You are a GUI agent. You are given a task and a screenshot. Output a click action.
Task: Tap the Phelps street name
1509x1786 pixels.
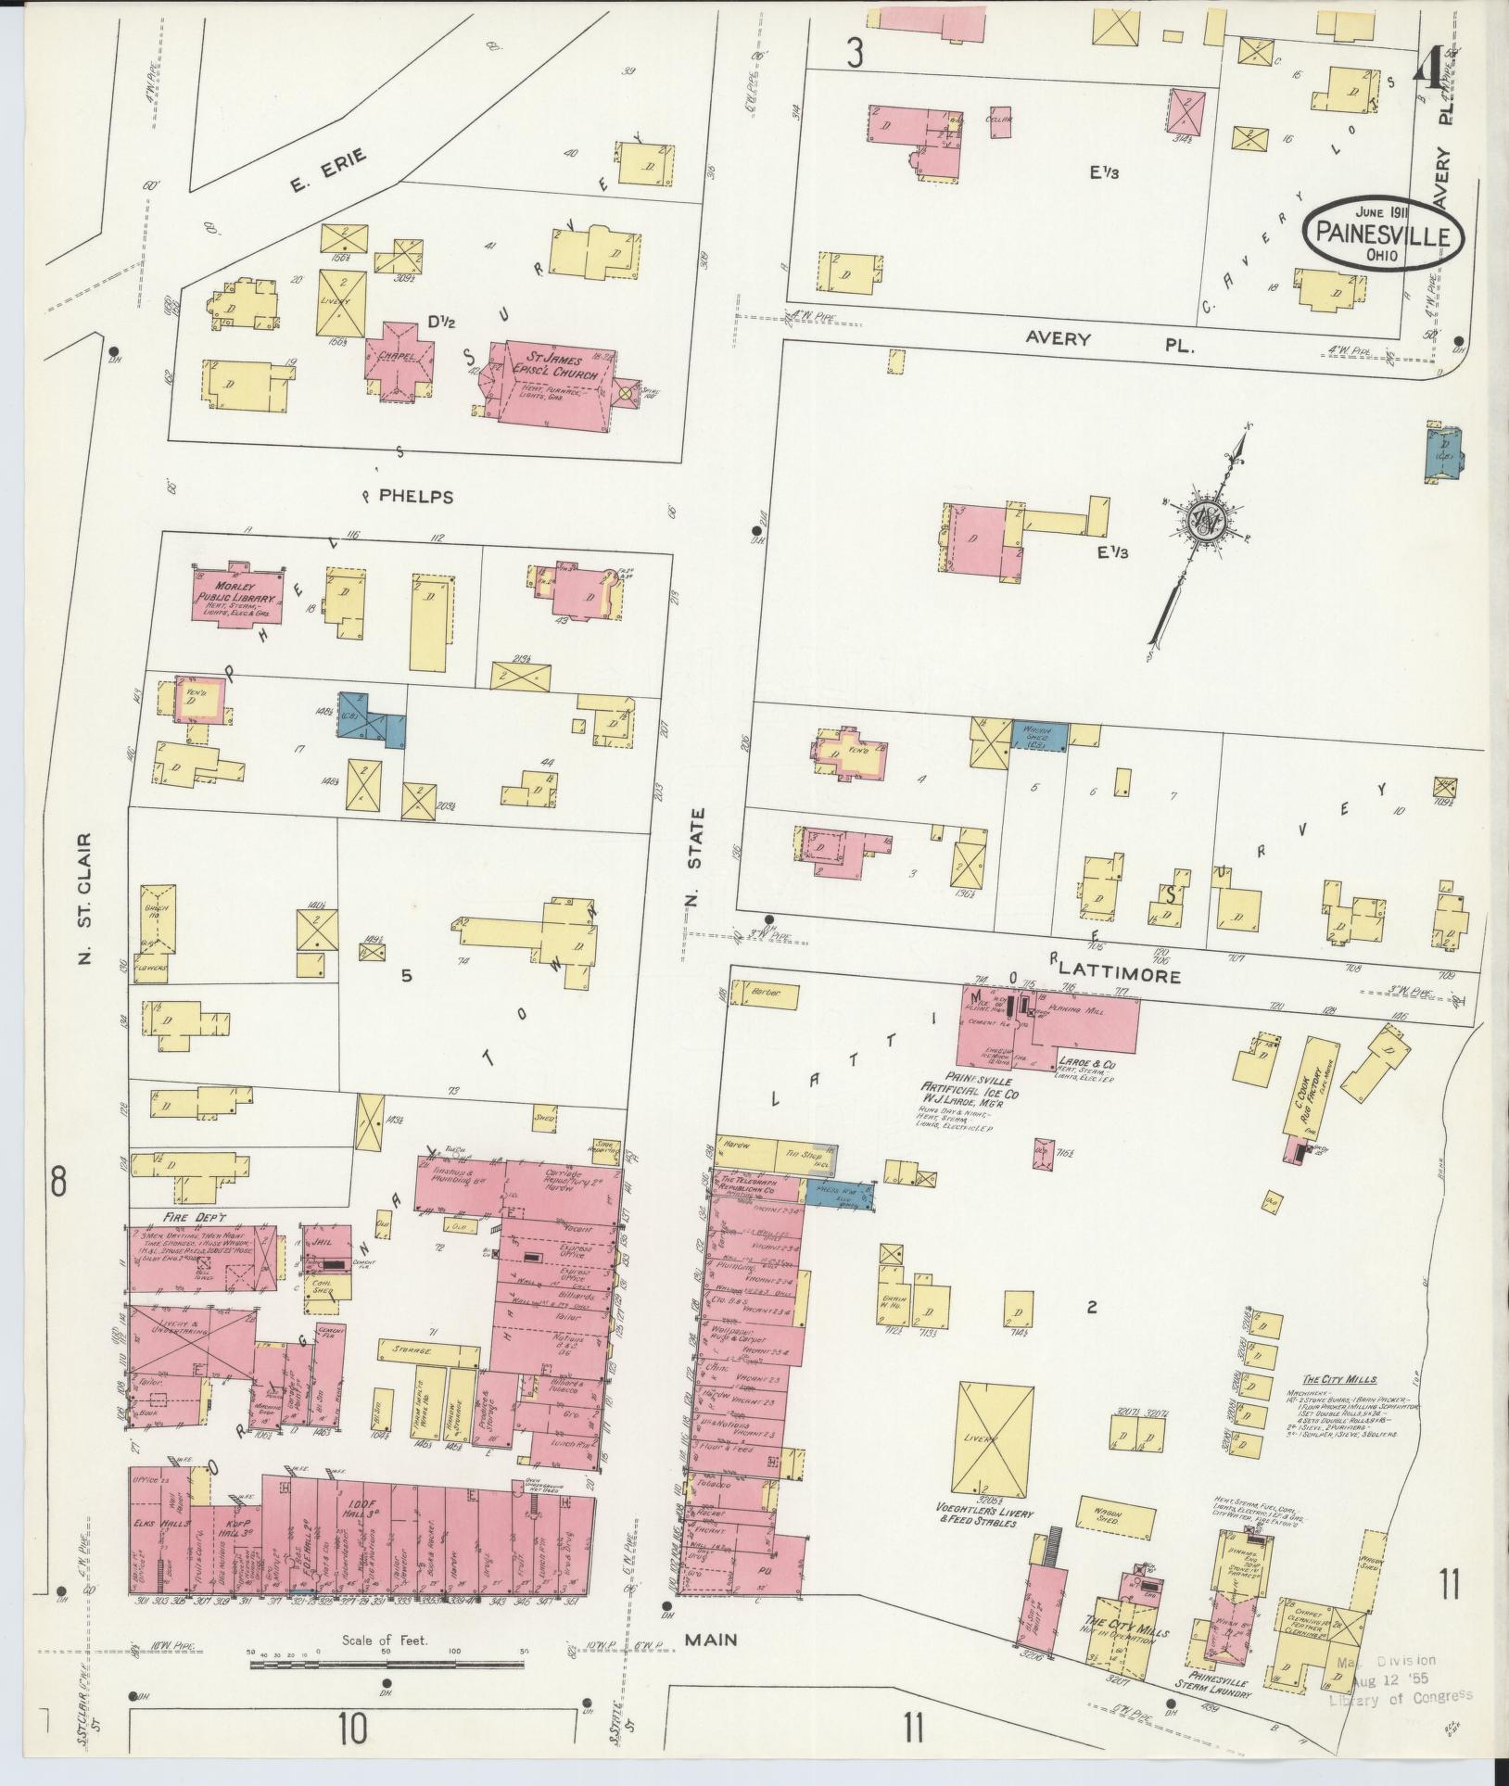tap(417, 497)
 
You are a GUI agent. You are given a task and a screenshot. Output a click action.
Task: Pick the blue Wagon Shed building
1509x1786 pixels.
tap(1038, 735)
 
